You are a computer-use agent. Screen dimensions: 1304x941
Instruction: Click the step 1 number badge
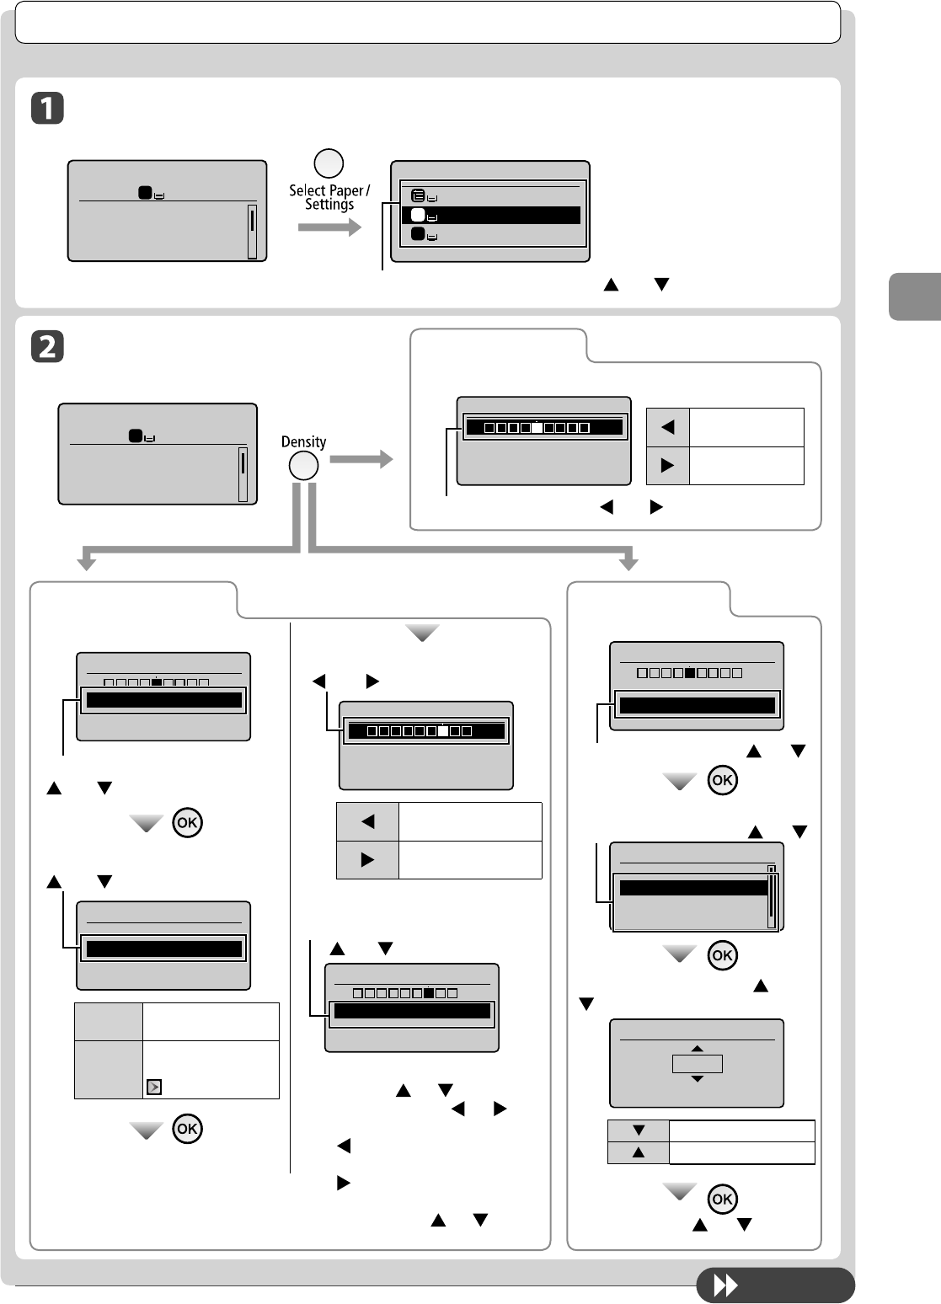click(48, 110)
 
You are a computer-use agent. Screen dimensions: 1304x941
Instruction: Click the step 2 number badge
click(48, 347)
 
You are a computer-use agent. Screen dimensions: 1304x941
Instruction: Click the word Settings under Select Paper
click(329, 205)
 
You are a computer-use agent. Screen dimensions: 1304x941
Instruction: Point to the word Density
click(303, 441)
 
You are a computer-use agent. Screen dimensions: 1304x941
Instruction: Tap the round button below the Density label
click(303, 466)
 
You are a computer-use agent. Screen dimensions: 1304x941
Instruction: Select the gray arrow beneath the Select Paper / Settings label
click(329, 227)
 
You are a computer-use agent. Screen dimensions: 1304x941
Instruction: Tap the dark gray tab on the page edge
click(915, 297)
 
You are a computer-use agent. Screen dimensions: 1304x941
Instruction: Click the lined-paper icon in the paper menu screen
click(418, 195)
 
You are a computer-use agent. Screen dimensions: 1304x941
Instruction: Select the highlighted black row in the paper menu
click(490, 216)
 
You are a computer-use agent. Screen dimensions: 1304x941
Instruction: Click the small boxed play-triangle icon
click(153, 1087)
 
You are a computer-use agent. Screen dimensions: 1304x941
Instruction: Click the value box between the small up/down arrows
click(697, 1064)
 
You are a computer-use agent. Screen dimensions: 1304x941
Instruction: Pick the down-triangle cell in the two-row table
click(639, 1130)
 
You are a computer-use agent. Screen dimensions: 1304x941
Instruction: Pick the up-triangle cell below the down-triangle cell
click(639, 1152)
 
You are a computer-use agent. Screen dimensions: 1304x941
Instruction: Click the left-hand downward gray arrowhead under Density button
click(85, 562)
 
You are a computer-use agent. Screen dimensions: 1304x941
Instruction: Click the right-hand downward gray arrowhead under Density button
click(628, 562)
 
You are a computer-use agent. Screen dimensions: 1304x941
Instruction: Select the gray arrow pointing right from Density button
click(361, 459)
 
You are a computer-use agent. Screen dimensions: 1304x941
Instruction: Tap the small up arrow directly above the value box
click(697, 1049)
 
